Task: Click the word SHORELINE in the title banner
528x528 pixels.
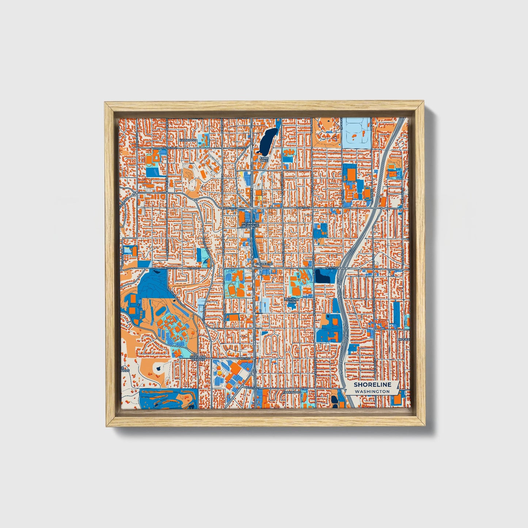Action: [372, 384]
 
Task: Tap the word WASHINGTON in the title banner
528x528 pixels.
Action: [372, 391]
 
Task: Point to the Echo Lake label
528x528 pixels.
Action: [263, 159]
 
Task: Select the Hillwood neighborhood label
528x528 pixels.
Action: [188, 140]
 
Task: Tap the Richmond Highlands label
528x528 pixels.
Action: [250, 224]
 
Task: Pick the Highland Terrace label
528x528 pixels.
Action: [198, 358]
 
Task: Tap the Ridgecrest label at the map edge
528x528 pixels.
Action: [404, 339]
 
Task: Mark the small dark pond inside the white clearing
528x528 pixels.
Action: [158, 368]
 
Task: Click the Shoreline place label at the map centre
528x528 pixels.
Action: [264, 263]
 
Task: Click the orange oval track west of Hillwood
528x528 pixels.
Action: [149, 159]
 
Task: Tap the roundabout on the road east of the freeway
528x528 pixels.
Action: [387, 209]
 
